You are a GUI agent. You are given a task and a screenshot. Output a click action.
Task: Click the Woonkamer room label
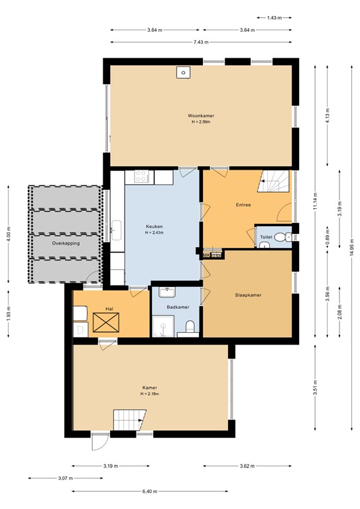pos(201,116)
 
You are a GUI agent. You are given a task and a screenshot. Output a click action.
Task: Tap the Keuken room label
pos(154,227)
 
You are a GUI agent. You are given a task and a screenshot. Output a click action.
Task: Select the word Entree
pos(243,205)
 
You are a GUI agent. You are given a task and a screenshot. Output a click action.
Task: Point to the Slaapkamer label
pos(249,295)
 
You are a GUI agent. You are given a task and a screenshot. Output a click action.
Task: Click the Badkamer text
pos(177,307)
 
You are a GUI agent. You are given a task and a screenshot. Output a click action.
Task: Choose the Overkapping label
pos(66,243)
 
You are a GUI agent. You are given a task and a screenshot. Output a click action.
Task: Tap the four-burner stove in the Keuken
pos(142,177)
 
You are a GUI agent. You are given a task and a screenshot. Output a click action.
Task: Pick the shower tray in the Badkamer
pos(162,325)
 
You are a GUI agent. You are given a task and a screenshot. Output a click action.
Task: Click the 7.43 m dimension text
pos(201,42)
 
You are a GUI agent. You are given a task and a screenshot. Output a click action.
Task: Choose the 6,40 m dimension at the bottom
pos(150,491)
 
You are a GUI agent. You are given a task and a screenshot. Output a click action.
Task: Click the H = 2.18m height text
pos(150,394)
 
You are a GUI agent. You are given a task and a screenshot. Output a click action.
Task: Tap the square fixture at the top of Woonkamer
pos(181,72)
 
